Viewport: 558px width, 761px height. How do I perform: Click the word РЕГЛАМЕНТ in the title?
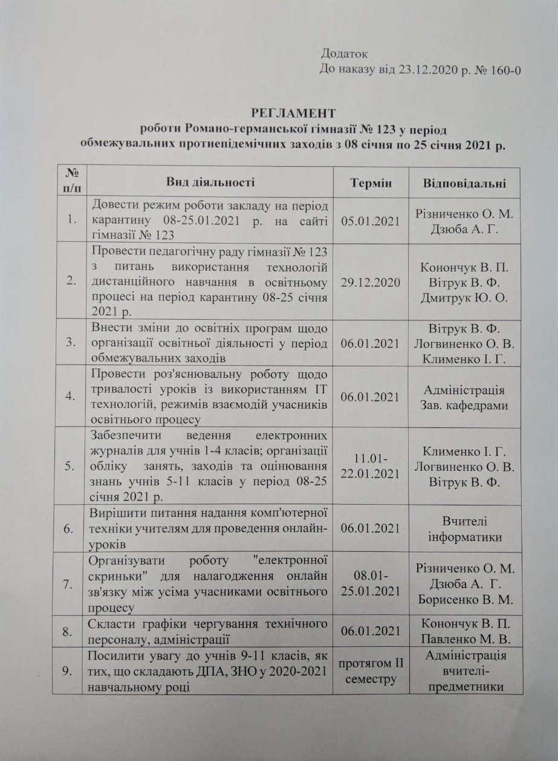click(293, 113)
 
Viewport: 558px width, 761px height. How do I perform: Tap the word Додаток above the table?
click(344, 54)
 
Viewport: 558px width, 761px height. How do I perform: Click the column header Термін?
click(371, 183)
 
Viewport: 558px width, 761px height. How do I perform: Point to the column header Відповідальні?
click(464, 183)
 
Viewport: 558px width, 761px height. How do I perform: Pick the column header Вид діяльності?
click(210, 182)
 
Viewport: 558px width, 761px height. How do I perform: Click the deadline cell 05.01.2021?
click(371, 221)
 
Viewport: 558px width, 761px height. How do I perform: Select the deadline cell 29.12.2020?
click(371, 282)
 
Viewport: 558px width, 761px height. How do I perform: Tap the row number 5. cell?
click(70, 467)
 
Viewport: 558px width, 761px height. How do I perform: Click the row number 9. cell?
click(70, 670)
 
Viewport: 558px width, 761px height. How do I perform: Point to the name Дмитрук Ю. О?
click(464, 297)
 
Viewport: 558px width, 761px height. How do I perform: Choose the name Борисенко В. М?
click(464, 600)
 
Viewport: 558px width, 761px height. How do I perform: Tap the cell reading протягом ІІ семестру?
click(371, 671)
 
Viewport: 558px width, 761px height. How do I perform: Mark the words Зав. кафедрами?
click(464, 405)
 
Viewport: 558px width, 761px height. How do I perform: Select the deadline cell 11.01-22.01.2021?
click(371, 467)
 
